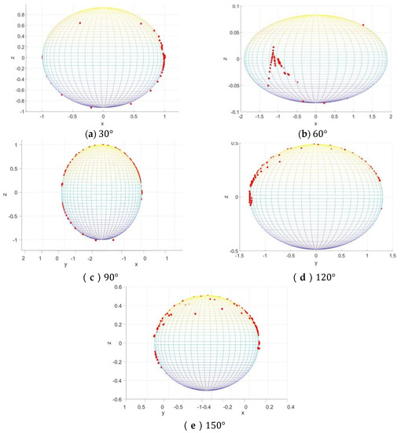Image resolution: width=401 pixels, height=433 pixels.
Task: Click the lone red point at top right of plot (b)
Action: point(363,24)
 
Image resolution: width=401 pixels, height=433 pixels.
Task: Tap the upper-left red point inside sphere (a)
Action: point(79,23)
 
